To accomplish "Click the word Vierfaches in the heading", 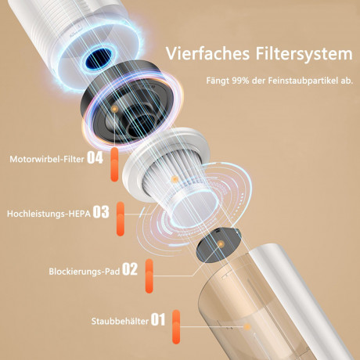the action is point(207,53).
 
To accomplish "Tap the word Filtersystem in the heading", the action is point(304,55).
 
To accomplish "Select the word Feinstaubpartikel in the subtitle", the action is point(301,81).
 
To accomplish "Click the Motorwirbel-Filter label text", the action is point(47,159).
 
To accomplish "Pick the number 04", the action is point(95,158).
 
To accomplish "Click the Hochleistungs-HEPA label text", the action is point(49,214).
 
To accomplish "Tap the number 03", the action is point(101,212).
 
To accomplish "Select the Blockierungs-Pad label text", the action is point(85,272).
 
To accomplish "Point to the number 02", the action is point(130,269).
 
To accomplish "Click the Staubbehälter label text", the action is point(120,321).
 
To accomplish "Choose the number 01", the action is point(158,319).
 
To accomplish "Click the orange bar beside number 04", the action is point(114,164).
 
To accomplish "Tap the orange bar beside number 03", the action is point(121,218).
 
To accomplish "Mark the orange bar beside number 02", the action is point(149,276).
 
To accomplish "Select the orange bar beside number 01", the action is point(176,326).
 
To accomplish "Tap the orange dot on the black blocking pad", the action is point(221,244).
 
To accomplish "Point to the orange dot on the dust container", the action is point(247,326).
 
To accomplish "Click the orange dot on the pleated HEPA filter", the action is point(175,179).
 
